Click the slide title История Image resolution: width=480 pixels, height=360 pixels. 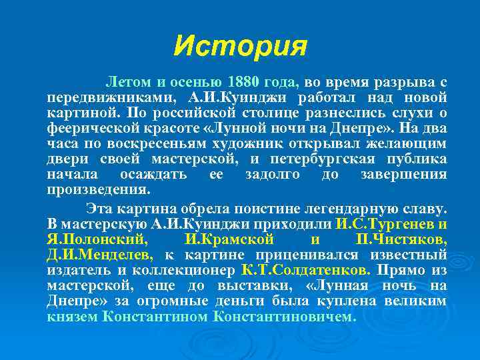tap(240, 47)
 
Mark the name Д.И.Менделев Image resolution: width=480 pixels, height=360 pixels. tap(100, 254)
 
